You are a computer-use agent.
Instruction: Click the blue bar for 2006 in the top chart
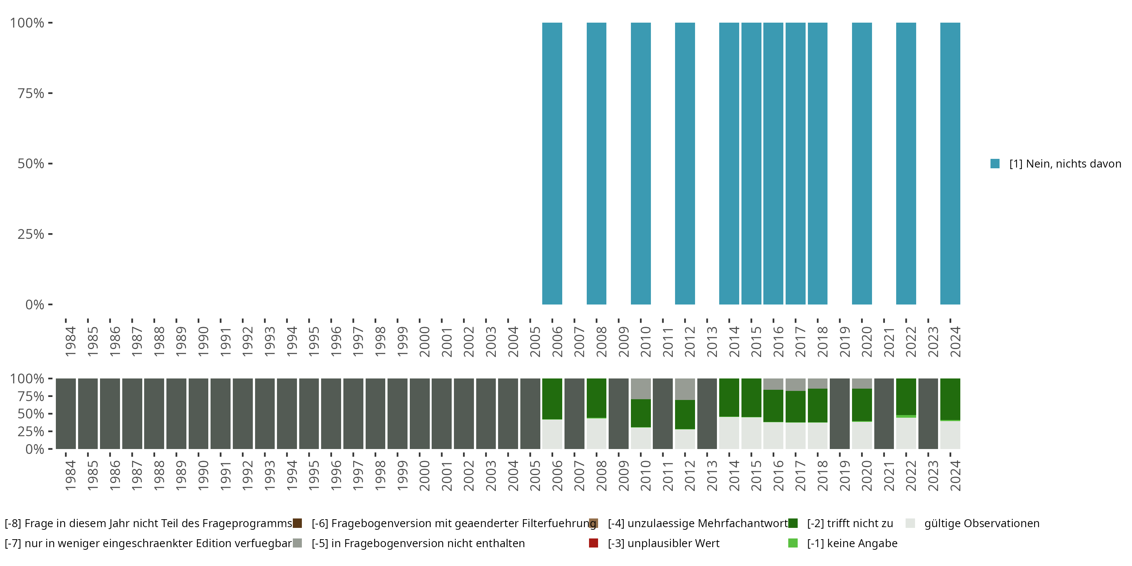[x=552, y=163]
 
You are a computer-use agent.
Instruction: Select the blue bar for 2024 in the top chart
[x=950, y=163]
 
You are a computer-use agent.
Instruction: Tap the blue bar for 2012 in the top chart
[x=684, y=163]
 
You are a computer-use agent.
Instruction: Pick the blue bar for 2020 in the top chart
[x=862, y=163]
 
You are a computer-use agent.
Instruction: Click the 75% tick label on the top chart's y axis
[x=31, y=93]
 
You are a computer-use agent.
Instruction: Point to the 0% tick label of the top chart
[x=35, y=305]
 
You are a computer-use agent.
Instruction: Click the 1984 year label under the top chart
[x=70, y=341]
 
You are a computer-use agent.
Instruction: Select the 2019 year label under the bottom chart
[x=844, y=475]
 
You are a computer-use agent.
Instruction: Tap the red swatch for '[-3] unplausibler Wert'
[x=593, y=543]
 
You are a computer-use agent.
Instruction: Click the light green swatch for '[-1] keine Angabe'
[x=793, y=543]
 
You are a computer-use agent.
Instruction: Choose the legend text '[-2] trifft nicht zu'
[x=850, y=523]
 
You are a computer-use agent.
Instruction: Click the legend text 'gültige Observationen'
[x=982, y=523]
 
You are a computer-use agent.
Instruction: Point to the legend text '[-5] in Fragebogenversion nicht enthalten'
[x=418, y=543]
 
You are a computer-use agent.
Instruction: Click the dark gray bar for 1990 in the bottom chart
[x=198, y=414]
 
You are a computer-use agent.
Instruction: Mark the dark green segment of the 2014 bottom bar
[x=729, y=397]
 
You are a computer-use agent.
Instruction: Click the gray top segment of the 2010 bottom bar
[x=641, y=389]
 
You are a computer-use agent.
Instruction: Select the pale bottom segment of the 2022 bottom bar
[x=906, y=433]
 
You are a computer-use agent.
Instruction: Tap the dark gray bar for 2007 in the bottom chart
[x=574, y=414]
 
